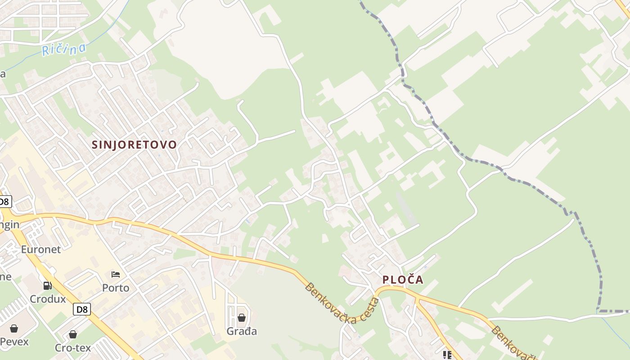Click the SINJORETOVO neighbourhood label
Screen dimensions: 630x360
tap(134, 144)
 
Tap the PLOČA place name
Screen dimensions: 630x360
tap(403, 279)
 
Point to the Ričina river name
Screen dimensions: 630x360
tap(63, 48)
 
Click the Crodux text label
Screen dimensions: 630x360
tap(48, 299)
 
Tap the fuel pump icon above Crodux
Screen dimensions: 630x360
tap(47, 285)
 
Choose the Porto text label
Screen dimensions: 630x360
tap(116, 288)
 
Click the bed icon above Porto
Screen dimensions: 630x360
tap(116, 274)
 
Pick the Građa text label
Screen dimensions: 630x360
tap(242, 331)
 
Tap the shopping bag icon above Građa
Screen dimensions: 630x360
tap(242, 318)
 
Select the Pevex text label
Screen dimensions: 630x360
tap(14, 342)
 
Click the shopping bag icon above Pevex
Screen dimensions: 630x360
tap(14, 328)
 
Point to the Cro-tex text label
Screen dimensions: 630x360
tap(73, 347)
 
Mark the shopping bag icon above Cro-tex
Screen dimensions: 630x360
tap(73, 334)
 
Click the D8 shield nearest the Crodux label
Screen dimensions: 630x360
tap(82, 309)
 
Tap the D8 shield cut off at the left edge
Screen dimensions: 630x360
tap(4, 201)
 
